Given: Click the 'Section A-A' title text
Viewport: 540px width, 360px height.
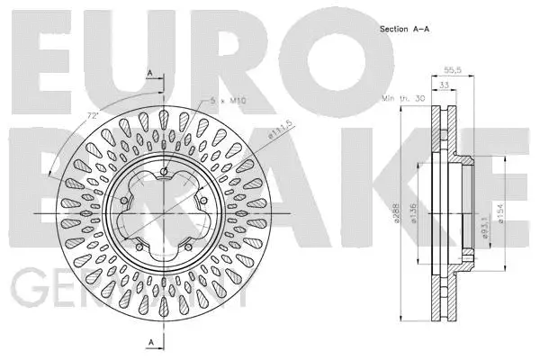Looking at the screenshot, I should click(x=405, y=28).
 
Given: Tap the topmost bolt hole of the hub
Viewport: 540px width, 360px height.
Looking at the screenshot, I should click(x=164, y=173).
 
